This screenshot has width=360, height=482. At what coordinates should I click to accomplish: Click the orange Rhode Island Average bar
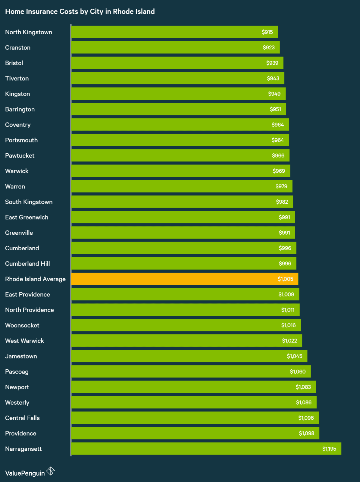click(x=184, y=279)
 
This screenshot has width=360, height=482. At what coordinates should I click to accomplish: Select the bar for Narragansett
click(x=206, y=449)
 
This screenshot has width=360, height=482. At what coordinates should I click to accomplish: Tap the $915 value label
click(x=267, y=32)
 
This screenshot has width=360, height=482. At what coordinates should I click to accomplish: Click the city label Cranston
click(x=18, y=48)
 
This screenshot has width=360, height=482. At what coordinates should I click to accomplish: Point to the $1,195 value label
click(x=329, y=449)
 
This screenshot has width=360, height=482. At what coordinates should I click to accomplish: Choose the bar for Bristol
click(x=177, y=63)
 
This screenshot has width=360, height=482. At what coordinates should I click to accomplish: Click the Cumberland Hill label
click(x=27, y=264)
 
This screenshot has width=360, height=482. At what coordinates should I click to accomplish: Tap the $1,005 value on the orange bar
click(x=285, y=279)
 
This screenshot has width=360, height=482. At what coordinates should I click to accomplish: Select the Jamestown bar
click(x=189, y=356)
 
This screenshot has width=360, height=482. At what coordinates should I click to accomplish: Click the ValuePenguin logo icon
click(x=51, y=471)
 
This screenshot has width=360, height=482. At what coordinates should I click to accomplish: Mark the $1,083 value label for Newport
click(x=303, y=387)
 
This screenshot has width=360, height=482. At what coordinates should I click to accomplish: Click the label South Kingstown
click(x=29, y=202)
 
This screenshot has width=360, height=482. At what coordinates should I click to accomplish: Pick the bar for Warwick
click(x=180, y=171)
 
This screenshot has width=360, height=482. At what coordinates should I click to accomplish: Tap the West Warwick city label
click(x=24, y=341)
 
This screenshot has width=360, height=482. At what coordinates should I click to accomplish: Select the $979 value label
click(x=281, y=186)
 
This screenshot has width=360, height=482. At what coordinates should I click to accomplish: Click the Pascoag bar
click(x=190, y=371)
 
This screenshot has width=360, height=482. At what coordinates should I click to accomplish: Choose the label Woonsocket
click(x=22, y=325)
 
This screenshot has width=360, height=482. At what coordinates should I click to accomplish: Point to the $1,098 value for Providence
click(x=306, y=433)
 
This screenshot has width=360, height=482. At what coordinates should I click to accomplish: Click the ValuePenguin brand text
click(x=25, y=473)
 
